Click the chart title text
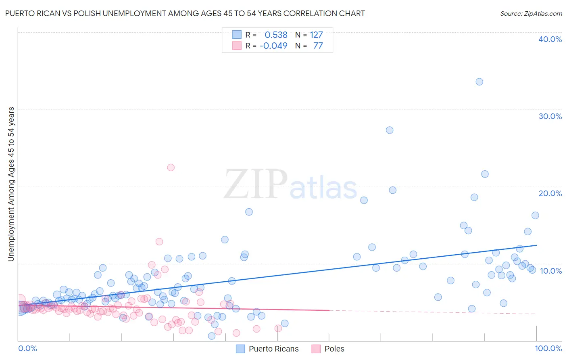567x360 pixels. coord(185,13)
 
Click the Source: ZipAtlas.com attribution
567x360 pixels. coord(531,13)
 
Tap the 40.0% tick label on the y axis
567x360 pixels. coord(550,39)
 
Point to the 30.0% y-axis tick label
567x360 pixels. coord(550,116)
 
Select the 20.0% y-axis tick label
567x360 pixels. coord(550,193)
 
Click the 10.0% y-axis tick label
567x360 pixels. coord(550,270)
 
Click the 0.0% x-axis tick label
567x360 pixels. coord(27,348)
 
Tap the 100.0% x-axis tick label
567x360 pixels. coord(548,348)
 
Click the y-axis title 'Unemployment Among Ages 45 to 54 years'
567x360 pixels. coord(11,184)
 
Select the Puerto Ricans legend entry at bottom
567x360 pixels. coord(267,349)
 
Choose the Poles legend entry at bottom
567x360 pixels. coord(328,349)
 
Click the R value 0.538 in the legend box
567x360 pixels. coord(276,35)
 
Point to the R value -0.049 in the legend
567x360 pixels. coord(273,46)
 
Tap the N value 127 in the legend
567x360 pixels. coord(316,35)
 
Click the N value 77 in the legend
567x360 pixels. coord(318,46)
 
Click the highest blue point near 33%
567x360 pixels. coord(479,82)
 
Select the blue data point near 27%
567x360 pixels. coord(390,130)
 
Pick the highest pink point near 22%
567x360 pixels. coord(171,167)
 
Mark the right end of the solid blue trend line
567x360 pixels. coord(536,245)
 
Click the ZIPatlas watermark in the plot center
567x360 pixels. coord(290,185)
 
